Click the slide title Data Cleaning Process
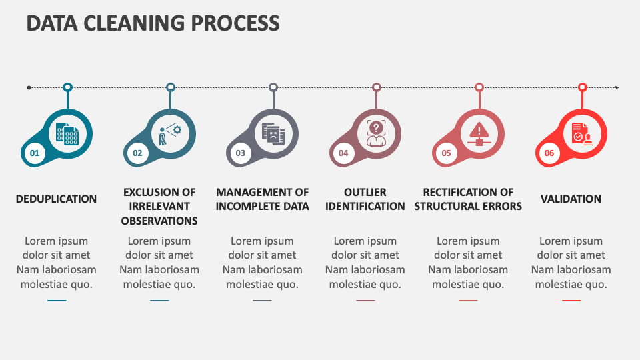153,23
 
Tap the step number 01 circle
35,153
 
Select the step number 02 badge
137,153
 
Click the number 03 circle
240,153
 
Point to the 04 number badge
343,153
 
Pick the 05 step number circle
446,153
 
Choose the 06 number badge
549,153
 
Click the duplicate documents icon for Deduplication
67,133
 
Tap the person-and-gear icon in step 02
170,133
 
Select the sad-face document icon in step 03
273,133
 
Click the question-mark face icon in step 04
376,133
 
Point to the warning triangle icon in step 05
479,133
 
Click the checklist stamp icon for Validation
581,133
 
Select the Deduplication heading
56,199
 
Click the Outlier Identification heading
365,199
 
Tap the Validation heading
571,199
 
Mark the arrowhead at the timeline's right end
617,87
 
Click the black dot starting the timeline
29,87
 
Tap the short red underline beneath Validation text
571,301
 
